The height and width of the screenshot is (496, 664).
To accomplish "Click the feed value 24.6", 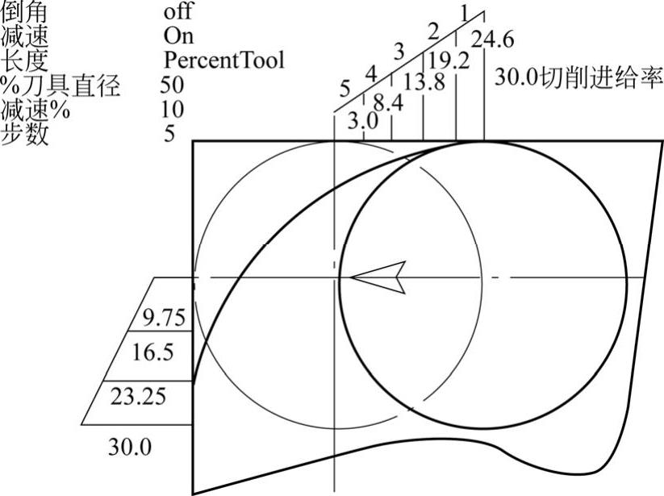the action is [x=493, y=40].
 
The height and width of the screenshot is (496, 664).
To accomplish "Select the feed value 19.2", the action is [x=449, y=60].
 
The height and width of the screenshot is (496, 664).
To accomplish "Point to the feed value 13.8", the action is [x=424, y=81].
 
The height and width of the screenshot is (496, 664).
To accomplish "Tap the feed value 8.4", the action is [x=388, y=103].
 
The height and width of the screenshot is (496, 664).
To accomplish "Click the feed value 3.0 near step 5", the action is [x=363, y=122].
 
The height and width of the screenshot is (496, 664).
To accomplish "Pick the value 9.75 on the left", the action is [x=164, y=318].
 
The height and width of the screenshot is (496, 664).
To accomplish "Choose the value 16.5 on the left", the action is [x=152, y=352].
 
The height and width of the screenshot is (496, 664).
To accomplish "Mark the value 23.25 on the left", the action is [x=138, y=397].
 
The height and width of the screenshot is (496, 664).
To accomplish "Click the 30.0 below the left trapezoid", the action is [x=130, y=447].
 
